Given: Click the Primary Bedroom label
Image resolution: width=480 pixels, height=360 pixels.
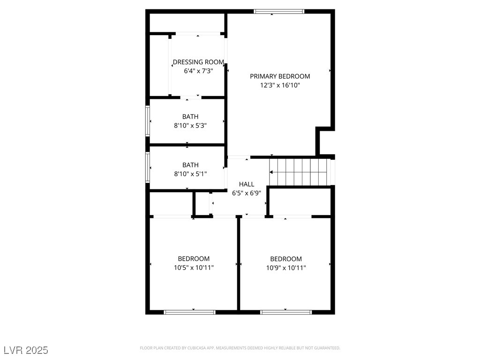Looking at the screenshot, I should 280,76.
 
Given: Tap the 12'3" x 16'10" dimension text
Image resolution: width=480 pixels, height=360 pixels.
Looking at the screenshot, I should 280,85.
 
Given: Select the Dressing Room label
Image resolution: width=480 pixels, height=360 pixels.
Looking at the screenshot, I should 198,62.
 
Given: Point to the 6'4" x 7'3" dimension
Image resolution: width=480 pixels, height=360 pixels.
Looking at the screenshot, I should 198,71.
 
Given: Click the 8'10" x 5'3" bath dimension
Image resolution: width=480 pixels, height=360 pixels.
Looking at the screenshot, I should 190,126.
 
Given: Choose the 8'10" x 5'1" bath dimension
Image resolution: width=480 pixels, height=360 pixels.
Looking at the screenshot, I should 190,174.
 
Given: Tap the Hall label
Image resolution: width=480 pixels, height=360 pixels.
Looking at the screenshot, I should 247,184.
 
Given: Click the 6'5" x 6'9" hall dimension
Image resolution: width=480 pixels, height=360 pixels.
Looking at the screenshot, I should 247,193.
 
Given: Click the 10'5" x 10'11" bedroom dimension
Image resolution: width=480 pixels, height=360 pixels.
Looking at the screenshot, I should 194,268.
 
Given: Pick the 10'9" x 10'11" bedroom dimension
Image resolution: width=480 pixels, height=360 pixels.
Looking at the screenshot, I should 286,268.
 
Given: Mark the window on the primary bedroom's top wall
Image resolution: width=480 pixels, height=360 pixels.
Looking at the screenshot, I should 279,11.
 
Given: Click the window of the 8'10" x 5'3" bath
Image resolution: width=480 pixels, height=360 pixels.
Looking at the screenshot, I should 148,121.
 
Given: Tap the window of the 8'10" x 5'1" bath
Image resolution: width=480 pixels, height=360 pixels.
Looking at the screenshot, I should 148,167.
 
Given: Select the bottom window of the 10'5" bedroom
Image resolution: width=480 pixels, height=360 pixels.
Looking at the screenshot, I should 189,312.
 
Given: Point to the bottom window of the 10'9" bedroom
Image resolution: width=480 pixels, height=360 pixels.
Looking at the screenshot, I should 286,312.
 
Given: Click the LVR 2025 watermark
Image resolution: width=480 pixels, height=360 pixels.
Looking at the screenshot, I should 26,350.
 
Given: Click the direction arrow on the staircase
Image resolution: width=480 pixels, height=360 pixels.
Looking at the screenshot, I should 271,172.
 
